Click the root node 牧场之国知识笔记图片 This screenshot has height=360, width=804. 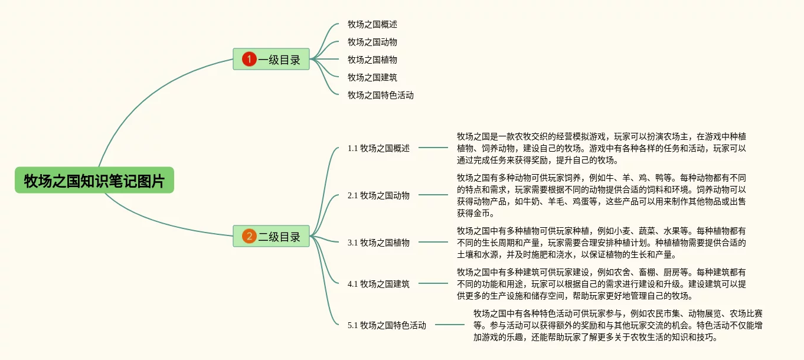(94, 181)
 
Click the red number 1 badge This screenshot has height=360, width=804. (249, 59)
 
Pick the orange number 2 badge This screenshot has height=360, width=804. (249, 237)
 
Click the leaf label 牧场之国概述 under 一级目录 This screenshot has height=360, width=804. (372, 25)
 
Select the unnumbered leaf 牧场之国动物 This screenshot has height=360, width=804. (372, 42)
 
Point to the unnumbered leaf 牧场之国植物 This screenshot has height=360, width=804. (372, 60)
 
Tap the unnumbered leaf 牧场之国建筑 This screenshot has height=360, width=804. (372, 77)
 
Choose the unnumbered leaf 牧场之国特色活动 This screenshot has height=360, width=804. (380, 95)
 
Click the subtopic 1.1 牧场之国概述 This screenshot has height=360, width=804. (378, 148)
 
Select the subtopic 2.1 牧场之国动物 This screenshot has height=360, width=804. (378, 195)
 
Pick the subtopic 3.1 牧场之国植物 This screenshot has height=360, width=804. (378, 243)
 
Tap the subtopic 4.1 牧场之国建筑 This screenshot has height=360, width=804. (378, 284)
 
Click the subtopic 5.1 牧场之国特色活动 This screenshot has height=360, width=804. (387, 325)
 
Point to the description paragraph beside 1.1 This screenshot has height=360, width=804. (601, 148)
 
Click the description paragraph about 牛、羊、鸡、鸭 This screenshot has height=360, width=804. (601, 195)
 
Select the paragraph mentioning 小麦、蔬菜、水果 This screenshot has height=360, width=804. (601, 243)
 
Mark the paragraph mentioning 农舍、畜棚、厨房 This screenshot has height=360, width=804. (601, 284)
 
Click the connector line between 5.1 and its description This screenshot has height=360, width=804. (449, 325)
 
